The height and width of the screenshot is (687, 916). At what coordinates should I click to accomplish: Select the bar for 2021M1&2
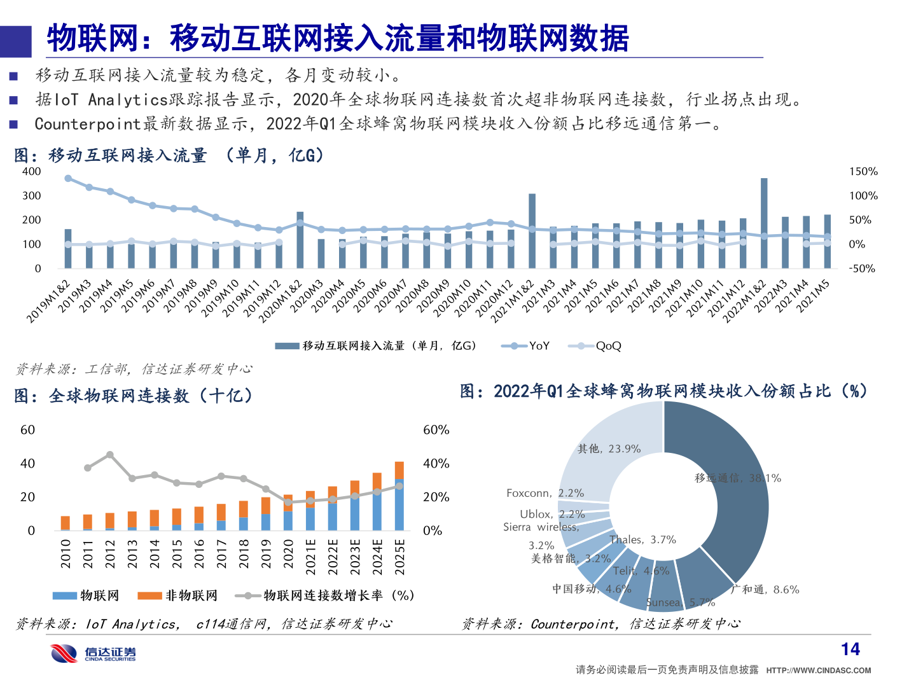[x=532, y=230]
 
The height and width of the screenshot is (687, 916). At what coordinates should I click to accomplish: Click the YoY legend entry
[x=526, y=346]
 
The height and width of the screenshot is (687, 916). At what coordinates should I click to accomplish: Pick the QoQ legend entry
[x=595, y=346]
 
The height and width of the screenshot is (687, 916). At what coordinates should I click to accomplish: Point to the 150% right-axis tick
[x=863, y=172]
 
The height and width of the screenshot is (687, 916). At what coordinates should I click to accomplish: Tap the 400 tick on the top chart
[x=31, y=172]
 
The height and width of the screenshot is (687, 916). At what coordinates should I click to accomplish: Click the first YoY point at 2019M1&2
[x=68, y=179]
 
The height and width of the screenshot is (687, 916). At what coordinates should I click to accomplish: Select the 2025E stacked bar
[x=399, y=496]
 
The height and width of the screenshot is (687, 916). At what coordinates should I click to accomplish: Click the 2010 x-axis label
[x=66, y=553]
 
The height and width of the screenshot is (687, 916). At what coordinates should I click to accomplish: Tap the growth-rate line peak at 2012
[x=110, y=455]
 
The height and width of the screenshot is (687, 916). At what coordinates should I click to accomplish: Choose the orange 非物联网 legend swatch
[x=149, y=595]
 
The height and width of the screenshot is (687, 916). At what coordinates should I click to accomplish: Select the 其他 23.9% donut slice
[x=604, y=445]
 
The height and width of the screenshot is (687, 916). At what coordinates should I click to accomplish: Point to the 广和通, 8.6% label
[x=765, y=590]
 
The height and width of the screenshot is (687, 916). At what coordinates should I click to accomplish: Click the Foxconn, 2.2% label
[x=545, y=493]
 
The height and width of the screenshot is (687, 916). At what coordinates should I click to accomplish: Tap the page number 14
[x=850, y=649]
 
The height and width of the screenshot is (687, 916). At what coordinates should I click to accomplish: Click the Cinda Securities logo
[x=94, y=653]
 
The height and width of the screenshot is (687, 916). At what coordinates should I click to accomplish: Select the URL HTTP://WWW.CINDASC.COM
[x=818, y=670]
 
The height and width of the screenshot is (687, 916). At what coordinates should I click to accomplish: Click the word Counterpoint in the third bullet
[x=87, y=124]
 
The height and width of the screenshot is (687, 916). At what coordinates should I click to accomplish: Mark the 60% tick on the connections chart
[x=436, y=431]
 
